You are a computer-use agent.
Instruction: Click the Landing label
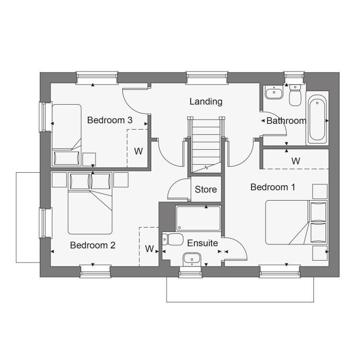206,101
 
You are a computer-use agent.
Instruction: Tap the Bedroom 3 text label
110,120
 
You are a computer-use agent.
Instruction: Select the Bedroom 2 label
93,245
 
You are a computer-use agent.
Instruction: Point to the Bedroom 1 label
273,187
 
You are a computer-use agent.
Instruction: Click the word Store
206,190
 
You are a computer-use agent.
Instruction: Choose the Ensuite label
203,243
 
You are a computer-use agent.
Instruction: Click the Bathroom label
286,121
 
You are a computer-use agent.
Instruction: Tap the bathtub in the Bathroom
317,118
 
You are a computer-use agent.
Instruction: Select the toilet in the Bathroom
295,95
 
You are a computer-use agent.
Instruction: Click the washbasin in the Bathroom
274,92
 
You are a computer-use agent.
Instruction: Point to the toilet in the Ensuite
172,239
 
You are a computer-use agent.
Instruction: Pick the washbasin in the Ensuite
192,260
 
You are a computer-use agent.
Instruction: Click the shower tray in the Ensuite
198,218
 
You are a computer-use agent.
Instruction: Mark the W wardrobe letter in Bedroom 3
138,151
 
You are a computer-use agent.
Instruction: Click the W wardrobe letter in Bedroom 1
296,161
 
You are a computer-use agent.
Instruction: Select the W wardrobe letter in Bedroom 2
149,249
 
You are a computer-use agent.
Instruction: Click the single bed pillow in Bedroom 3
66,158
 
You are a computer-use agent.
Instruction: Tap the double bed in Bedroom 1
297,222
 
